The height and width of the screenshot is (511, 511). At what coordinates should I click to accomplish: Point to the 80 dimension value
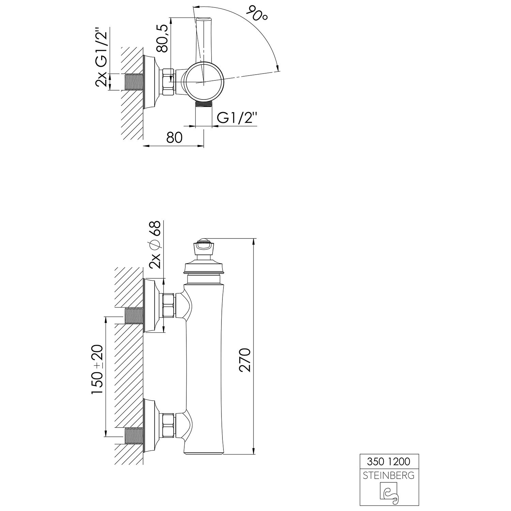coord(174,137)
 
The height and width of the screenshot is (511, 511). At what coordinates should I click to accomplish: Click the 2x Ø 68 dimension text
coord(155,244)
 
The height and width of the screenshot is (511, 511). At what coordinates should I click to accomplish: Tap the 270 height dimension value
coord(245,360)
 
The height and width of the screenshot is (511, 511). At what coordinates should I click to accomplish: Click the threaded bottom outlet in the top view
coord(203,105)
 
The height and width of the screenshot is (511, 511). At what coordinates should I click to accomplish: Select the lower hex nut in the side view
coord(169,425)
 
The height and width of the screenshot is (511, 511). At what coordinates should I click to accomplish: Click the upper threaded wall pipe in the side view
coord(135,316)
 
